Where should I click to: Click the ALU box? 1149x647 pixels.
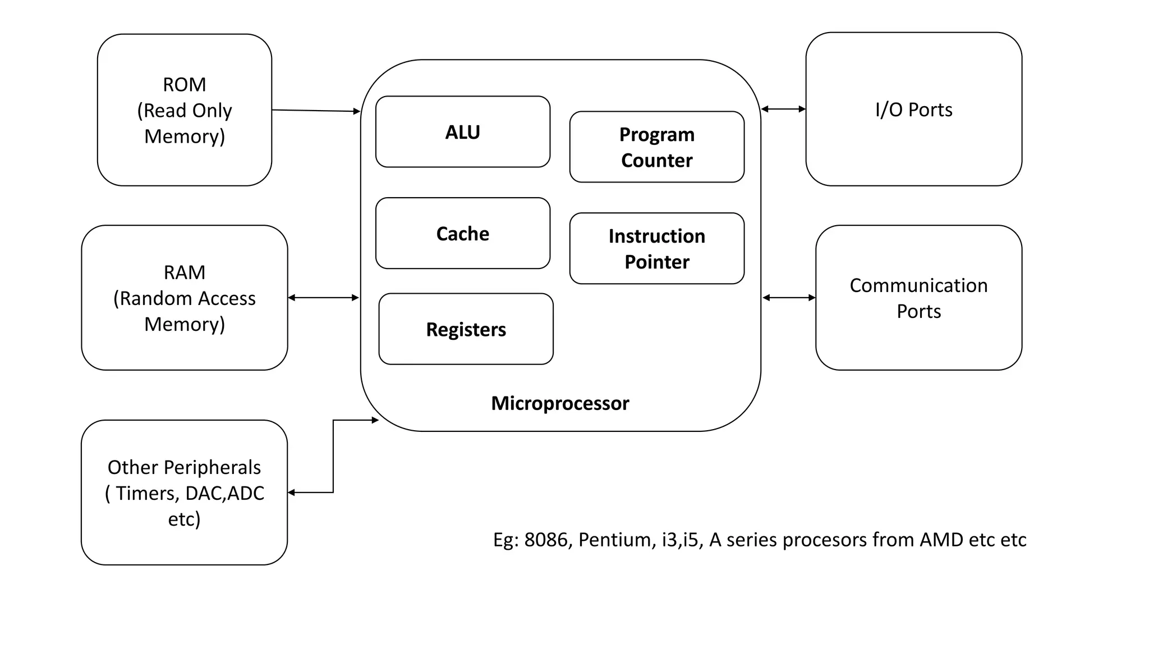click(x=462, y=132)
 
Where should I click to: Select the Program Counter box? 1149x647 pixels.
click(x=656, y=147)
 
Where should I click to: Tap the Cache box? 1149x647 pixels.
click(x=462, y=233)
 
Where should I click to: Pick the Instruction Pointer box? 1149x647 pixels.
click(x=656, y=249)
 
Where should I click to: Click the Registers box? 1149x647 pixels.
click(x=466, y=329)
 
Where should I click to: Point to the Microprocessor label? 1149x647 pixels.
click(x=560, y=403)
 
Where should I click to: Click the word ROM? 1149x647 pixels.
click(x=184, y=85)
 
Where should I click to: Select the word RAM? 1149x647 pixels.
click(x=184, y=272)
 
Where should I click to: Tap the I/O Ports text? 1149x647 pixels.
click(x=913, y=110)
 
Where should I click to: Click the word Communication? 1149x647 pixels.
click(x=918, y=285)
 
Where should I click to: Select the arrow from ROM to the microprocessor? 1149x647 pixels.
click(x=316, y=111)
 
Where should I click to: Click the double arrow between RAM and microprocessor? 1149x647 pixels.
click(x=323, y=298)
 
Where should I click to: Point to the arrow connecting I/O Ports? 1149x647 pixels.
click(x=783, y=109)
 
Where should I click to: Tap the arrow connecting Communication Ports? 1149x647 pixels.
click(x=789, y=298)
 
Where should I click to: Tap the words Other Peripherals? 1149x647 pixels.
click(x=184, y=467)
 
